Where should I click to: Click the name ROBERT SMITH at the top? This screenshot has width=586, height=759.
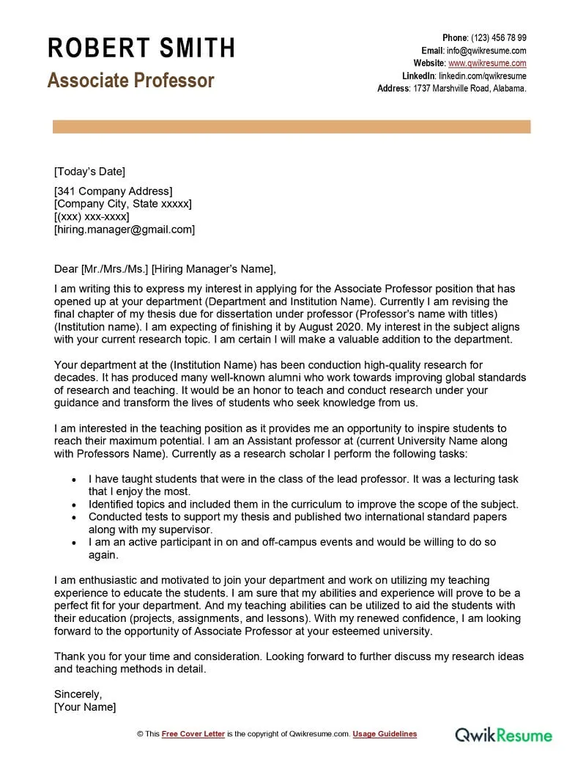pos(141,48)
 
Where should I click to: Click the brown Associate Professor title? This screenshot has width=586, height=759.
pos(130,80)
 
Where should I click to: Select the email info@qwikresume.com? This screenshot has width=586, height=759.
pos(486,51)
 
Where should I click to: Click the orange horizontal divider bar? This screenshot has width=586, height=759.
pos(292,127)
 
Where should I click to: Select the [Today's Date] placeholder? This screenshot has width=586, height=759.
pos(89,172)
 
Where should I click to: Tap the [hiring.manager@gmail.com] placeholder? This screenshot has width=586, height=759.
pos(125,230)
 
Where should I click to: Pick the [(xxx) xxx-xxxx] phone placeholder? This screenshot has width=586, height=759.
pos(92,217)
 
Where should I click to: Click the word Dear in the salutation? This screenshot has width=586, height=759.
pos(66,268)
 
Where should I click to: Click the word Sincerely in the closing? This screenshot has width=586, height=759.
pos(78,693)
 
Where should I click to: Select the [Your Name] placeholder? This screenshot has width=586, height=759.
pos(85,706)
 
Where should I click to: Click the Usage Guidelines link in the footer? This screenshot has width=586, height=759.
pos(385,733)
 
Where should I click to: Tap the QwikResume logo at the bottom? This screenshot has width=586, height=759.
pos(504,734)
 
